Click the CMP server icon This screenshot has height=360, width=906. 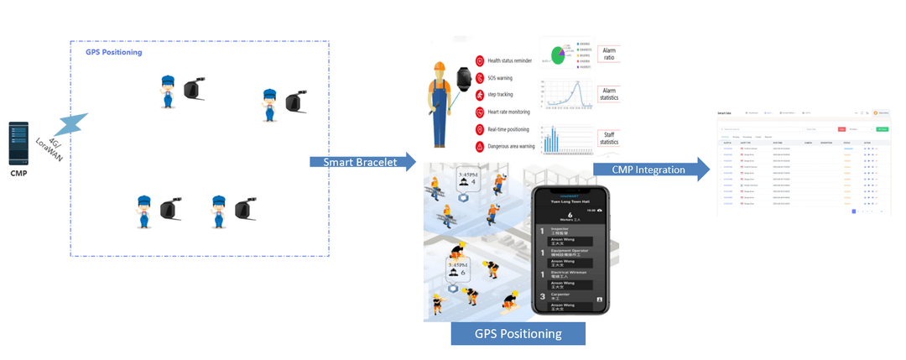tap(18, 143)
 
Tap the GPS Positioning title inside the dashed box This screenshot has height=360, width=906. tap(114, 52)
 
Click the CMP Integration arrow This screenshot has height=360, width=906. tap(647, 170)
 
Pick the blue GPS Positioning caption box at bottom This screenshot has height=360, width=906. tap(518, 333)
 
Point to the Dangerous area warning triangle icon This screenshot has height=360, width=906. tap(479, 146)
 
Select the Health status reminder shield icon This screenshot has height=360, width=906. tap(479, 60)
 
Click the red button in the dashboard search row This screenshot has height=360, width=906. tap(841, 129)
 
